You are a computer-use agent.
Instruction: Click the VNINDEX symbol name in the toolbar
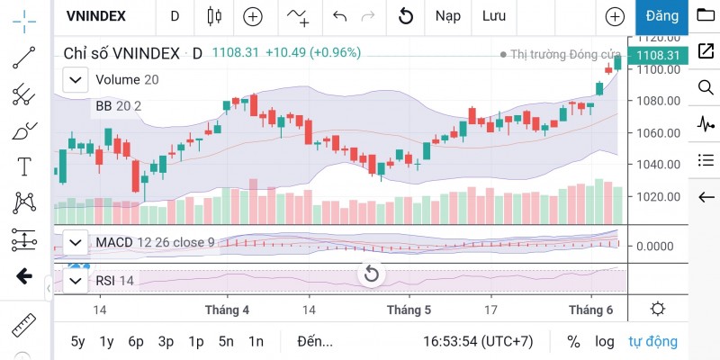(96, 15)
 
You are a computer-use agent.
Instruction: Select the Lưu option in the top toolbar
(493, 15)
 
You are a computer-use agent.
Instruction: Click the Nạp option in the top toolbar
(447, 15)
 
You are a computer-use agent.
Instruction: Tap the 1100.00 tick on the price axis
(657, 69)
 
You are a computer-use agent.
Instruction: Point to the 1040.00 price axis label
(657, 165)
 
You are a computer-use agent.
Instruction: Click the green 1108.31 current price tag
(658, 55)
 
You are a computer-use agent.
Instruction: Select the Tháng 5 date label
(409, 310)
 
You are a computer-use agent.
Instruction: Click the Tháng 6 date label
(589, 310)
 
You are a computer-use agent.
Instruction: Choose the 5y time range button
(78, 341)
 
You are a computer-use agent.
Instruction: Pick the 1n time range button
(256, 341)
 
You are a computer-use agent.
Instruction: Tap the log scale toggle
(604, 341)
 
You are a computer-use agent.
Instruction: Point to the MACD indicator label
(113, 242)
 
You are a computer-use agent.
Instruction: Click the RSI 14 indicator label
(114, 281)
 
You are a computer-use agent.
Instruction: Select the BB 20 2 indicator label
(118, 106)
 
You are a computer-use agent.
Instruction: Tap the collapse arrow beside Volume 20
(75, 80)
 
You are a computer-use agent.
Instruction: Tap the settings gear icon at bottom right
(658, 310)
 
